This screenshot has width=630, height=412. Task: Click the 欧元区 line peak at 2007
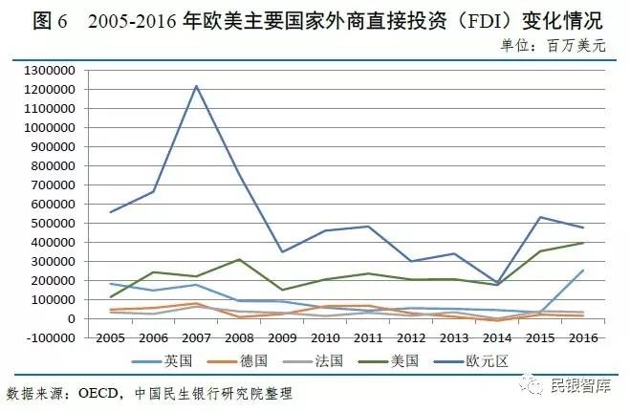click(196, 86)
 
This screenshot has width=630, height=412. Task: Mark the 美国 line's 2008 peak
click(239, 259)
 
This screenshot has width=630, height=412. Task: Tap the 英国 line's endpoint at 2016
click(584, 270)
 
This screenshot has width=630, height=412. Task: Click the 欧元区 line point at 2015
click(541, 217)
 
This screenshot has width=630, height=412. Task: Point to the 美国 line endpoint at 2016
click(584, 243)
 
